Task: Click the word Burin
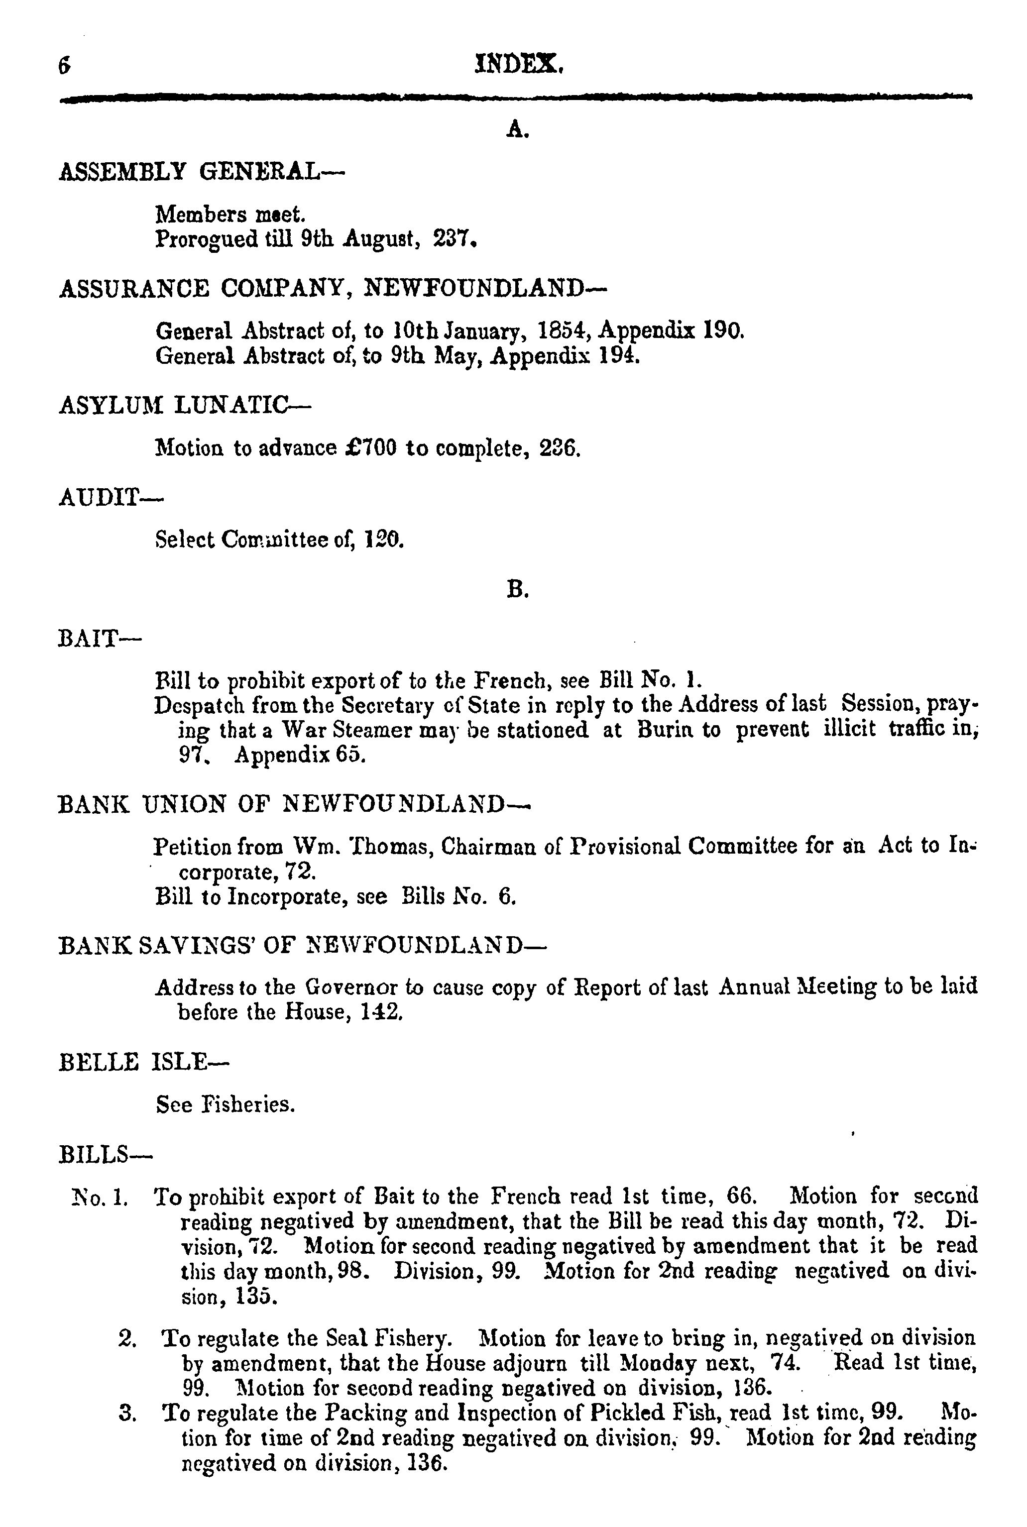[x=664, y=730]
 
